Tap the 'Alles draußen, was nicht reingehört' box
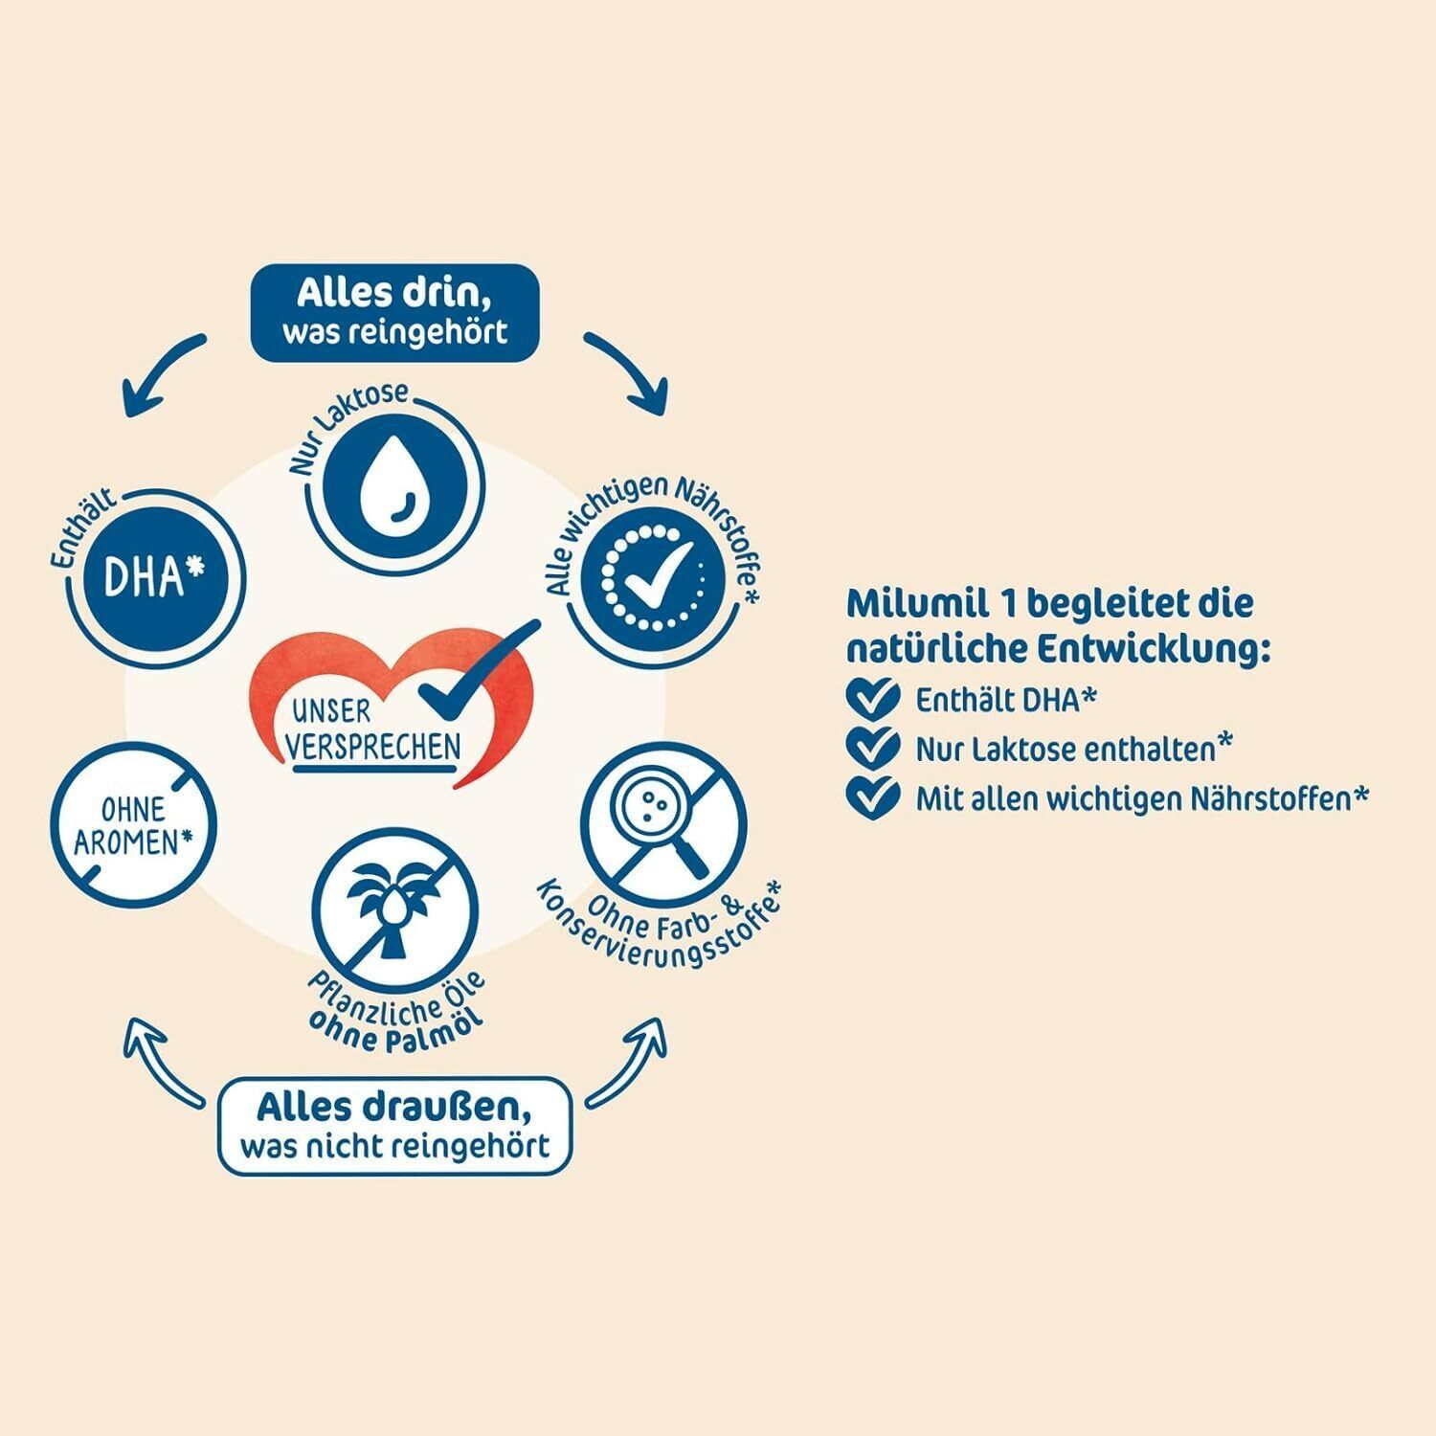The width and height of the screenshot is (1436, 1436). (x=396, y=1125)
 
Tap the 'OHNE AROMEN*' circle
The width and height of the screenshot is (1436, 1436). (x=134, y=826)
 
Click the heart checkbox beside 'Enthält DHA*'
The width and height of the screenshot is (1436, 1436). (x=873, y=699)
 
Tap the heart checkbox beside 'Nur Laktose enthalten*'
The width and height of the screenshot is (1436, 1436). (x=873, y=748)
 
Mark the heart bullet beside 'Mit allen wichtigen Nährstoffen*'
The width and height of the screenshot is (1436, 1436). (x=873, y=797)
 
